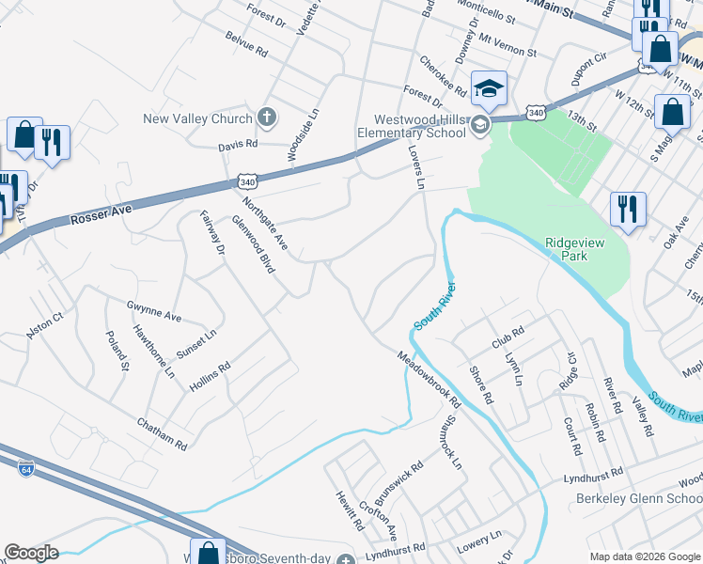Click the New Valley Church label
197,118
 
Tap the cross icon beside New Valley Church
267,117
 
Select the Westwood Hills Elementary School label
419,126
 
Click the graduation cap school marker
489,89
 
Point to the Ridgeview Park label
580,248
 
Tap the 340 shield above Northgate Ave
247,180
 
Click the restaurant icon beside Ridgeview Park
627,209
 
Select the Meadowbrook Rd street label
428,379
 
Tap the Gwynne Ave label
153,310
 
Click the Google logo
31,553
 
